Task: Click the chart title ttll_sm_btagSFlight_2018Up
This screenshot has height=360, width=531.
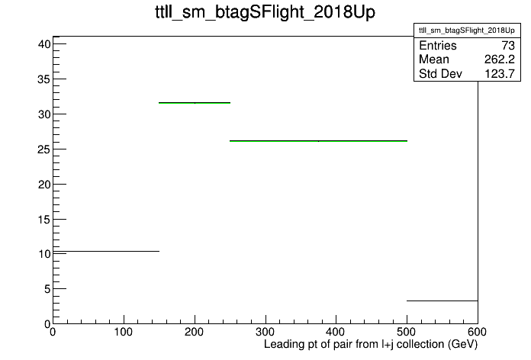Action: point(265,12)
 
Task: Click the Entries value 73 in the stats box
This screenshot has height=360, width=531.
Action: point(508,46)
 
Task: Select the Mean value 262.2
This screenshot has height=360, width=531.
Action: point(500,59)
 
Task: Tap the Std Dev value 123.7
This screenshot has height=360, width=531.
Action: point(500,73)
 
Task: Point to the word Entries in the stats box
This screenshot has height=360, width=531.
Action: point(437,46)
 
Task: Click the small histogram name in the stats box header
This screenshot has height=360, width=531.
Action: point(467,31)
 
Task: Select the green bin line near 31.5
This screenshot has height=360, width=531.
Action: point(195,103)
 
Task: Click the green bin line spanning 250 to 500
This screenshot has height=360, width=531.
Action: point(318,141)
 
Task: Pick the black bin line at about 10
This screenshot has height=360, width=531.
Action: point(106,251)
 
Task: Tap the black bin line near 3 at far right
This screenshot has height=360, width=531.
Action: point(443,301)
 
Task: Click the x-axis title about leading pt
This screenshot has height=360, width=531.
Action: point(371,344)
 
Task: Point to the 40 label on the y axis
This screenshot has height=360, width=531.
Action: point(44,44)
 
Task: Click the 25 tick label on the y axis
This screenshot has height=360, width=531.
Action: point(44,149)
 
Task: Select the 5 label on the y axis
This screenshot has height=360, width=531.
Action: point(47,289)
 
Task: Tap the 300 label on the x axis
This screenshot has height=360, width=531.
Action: point(265,332)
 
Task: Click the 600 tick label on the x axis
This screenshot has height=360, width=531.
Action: point(478,332)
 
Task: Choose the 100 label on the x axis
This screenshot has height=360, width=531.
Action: point(124,332)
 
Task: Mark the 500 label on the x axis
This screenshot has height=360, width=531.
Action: point(407,332)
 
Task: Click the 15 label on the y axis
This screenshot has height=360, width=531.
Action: point(44,220)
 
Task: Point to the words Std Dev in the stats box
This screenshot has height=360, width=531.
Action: point(440,73)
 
